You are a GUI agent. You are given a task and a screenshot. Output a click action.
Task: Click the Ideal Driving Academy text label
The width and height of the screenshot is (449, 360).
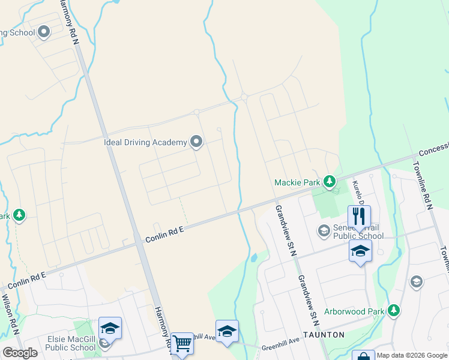[x=145, y=142]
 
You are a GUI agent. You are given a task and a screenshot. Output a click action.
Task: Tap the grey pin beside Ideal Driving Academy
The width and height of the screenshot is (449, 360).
[x=196, y=142]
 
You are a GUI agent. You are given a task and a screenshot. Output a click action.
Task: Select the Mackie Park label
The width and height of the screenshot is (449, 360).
[x=296, y=182]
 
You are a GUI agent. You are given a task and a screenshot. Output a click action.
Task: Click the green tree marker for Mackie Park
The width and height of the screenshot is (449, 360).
[x=329, y=181]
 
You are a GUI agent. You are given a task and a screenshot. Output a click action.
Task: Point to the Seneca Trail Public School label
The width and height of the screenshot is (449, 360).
[x=358, y=231]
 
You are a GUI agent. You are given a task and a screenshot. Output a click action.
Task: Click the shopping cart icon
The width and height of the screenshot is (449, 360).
[x=182, y=344]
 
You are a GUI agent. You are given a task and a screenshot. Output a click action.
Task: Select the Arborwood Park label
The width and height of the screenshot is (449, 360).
[x=354, y=311]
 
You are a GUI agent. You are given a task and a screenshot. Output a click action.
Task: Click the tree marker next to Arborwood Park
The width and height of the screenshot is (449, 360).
[x=394, y=310]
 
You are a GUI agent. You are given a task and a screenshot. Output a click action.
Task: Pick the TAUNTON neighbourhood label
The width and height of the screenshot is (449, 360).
[x=324, y=334]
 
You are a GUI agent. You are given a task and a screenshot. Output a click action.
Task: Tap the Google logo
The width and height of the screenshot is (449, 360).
[x=20, y=353]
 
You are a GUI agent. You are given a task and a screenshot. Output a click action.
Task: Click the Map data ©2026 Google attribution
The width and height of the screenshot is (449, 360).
[x=412, y=355]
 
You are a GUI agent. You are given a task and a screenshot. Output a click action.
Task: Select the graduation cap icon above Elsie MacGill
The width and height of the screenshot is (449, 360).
[x=110, y=328]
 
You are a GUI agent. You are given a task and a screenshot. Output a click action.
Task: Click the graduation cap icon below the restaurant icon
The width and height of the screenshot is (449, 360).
[x=360, y=251]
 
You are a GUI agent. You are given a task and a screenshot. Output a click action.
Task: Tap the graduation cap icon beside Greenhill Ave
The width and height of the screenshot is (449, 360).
[x=227, y=331]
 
